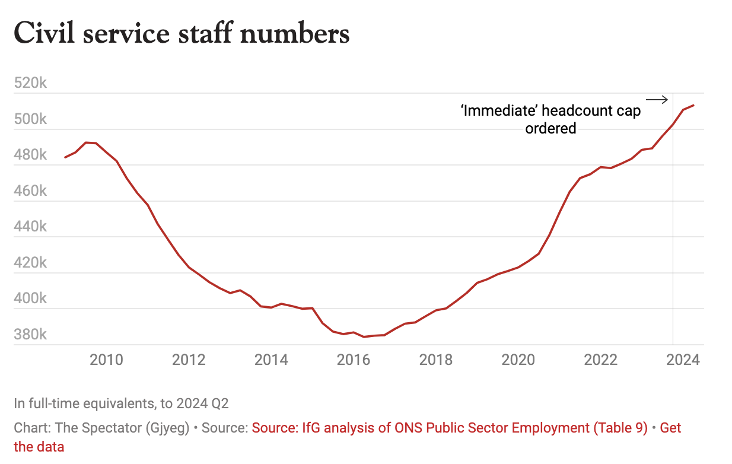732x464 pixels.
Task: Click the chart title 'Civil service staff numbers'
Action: pos(182,33)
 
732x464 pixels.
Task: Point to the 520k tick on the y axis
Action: pos(30,83)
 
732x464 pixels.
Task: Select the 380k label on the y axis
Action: pos(30,335)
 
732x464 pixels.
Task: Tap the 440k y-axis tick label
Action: pos(30,227)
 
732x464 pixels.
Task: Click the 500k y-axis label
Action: pos(30,119)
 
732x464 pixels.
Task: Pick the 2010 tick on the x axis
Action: pos(106,360)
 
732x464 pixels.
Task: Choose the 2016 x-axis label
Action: pos(354,360)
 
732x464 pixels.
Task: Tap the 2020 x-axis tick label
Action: pos(519,360)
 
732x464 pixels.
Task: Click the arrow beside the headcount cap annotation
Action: pos(657,100)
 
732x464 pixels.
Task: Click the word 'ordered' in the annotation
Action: pos(550,128)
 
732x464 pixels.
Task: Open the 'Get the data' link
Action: pos(670,428)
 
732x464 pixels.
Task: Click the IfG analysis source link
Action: pos(450,428)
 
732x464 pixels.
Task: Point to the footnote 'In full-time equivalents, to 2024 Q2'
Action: pos(121,403)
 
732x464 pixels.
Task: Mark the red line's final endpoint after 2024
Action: pos(694,106)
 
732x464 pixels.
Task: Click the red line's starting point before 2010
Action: pos(65,157)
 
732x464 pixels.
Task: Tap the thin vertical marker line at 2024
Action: pos(673,237)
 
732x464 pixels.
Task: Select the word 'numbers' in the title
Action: pos(294,33)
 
